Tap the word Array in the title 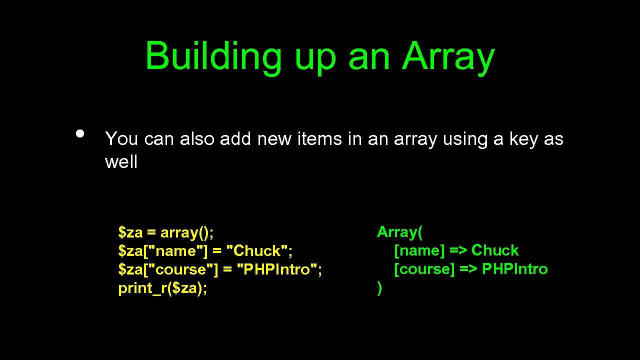coord(448,56)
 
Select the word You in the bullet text coord(121,139)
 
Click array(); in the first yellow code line coord(187,232)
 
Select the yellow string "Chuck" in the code coord(259,251)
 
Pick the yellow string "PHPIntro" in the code coord(279,269)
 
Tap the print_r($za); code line coord(162,288)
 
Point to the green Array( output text coord(399,232)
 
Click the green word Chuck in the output coord(495,250)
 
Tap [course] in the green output coord(424,269)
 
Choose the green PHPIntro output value coord(514,269)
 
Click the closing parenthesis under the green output coord(379,288)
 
